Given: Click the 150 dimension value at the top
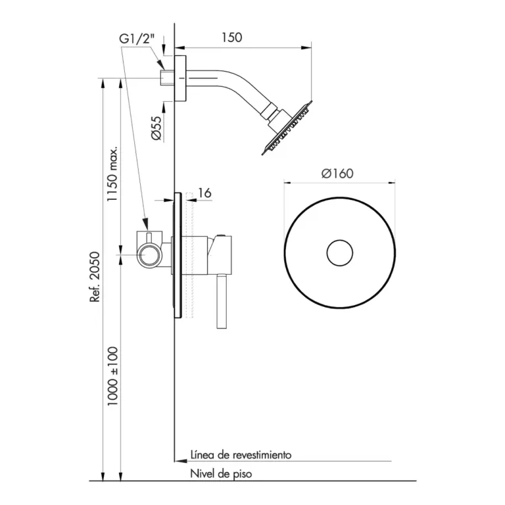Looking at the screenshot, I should pos(232,37).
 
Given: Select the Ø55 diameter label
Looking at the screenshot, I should pos(156,127).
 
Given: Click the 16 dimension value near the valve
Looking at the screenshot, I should pos(204,193).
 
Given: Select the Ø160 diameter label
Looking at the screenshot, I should pos(338,174).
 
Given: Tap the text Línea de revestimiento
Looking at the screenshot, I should pos(241,454).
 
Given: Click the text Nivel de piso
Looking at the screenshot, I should pos(221,473).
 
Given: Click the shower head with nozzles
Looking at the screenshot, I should pos(287,128).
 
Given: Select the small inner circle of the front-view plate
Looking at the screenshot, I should pos(340,252).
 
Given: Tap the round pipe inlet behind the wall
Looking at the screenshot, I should pos(149,252).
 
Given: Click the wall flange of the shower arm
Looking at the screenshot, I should pos(181,78).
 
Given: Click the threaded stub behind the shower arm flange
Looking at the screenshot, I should pos(167,78).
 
